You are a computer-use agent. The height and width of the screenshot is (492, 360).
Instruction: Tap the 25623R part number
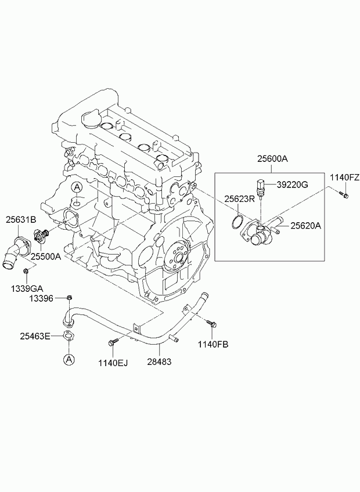240,199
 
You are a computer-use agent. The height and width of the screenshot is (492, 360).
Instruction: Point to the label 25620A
305,226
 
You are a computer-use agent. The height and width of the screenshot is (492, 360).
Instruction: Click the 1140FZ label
345,177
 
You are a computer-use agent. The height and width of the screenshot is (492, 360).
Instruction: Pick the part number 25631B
21,219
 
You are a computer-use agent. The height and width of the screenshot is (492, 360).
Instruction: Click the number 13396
41,298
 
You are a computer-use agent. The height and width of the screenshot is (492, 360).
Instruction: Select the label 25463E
35,335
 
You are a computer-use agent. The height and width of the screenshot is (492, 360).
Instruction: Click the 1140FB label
213,344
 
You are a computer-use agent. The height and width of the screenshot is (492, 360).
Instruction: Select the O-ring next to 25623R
236,221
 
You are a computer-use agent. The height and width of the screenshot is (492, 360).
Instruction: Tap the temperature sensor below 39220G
261,189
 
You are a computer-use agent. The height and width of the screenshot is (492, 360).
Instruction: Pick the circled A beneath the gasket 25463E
69,360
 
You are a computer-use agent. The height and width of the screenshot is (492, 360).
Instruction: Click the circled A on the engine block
77,187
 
